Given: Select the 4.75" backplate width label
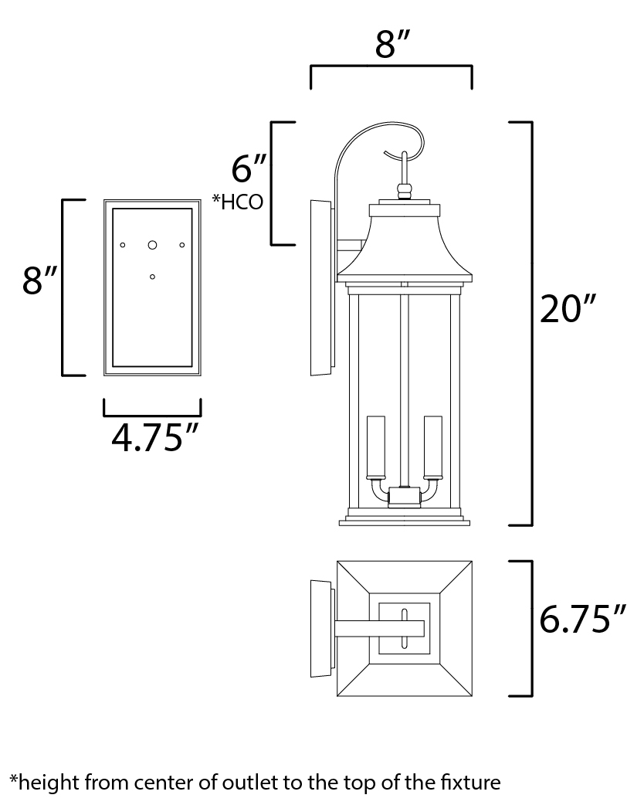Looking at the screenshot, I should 151,439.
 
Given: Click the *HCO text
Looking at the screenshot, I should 239,202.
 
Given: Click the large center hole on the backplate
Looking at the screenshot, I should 152,245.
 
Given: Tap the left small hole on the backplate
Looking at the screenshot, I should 123,245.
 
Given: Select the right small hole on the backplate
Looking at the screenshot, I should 182,245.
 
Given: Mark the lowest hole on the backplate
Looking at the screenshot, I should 152,276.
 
